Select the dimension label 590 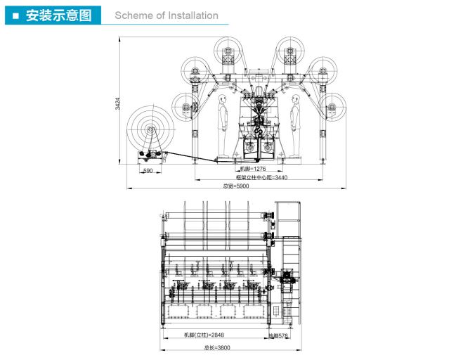point(148,171)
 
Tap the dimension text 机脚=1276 point(254,169)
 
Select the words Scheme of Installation point(166,15)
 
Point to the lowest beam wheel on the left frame point(185,107)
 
